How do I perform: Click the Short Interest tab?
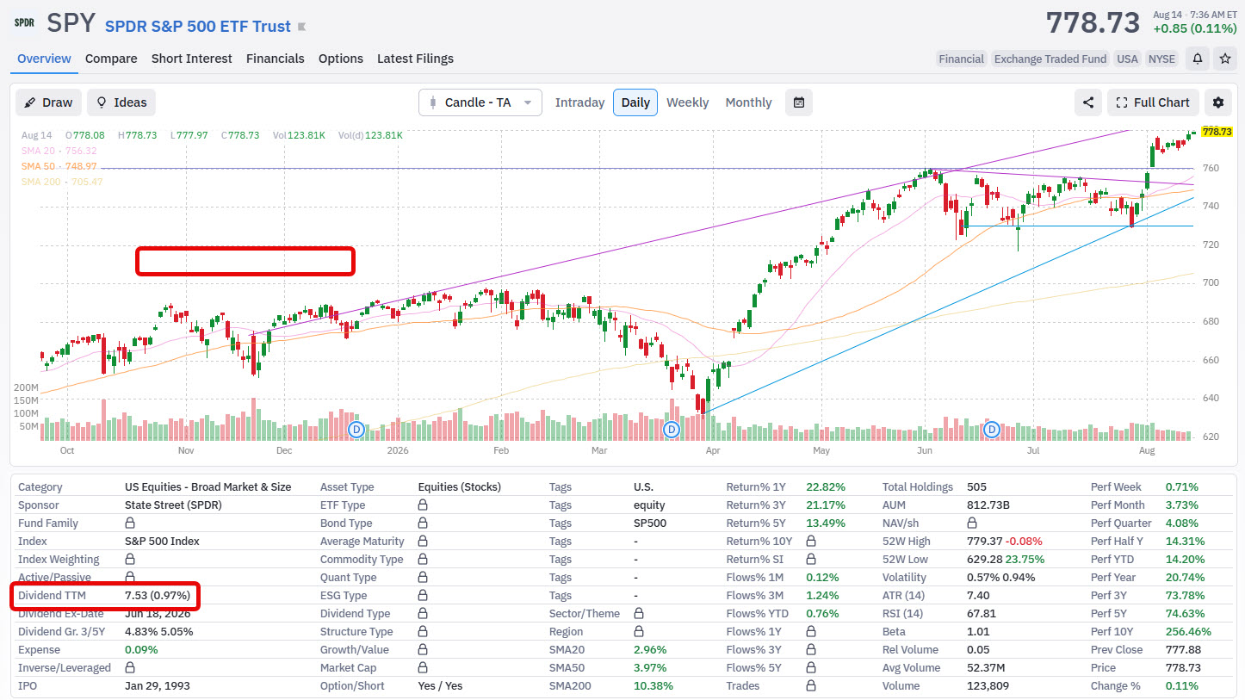point(191,59)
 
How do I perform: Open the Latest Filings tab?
point(415,59)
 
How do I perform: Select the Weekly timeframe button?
point(688,102)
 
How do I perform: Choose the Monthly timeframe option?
point(748,102)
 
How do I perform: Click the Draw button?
point(48,102)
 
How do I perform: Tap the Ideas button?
point(121,102)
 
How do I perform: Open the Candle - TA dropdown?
point(480,102)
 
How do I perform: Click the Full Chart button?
point(1153,102)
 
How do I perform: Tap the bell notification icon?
point(1198,59)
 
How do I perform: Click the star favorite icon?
point(1225,59)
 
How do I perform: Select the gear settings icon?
point(1218,102)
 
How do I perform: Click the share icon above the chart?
point(1088,102)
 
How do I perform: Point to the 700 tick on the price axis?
point(1211,282)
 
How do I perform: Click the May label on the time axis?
point(821,450)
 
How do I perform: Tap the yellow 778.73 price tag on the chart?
point(1217,132)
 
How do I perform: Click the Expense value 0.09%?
point(141,649)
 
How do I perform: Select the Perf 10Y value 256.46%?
point(1188,632)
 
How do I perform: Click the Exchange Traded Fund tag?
point(1050,59)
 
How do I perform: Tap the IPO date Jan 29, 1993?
point(158,685)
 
